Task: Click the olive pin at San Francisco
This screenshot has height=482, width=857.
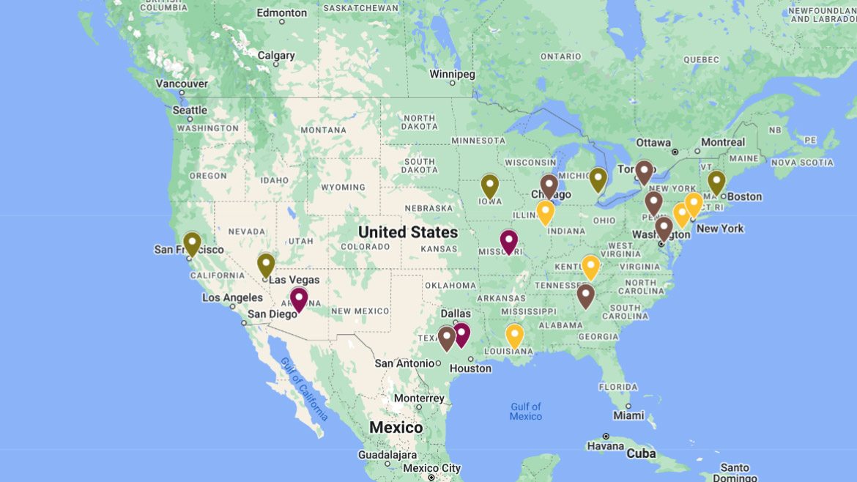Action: (192, 243)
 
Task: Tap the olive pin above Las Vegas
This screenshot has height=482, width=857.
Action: (266, 264)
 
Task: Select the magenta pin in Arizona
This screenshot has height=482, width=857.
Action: (298, 299)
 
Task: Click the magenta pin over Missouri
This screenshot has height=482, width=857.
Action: (509, 241)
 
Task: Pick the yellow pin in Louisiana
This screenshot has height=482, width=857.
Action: (515, 335)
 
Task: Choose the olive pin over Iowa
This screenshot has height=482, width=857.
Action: (490, 186)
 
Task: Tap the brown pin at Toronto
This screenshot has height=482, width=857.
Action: (644, 172)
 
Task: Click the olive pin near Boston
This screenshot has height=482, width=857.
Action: (716, 182)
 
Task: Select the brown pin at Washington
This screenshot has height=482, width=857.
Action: (664, 228)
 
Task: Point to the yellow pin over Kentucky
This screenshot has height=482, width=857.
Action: (590, 267)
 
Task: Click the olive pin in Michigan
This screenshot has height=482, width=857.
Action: (598, 179)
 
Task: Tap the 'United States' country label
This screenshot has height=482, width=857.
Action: (408, 232)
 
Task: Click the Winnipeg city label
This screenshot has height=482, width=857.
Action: (452, 74)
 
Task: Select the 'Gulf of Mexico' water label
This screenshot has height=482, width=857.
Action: (526, 411)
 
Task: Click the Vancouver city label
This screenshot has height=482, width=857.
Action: (182, 84)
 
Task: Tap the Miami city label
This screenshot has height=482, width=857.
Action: (629, 415)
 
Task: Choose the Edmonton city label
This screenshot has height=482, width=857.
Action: (282, 12)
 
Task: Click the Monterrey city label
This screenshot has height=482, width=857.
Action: (419, 398)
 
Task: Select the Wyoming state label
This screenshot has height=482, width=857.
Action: (343, 187)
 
